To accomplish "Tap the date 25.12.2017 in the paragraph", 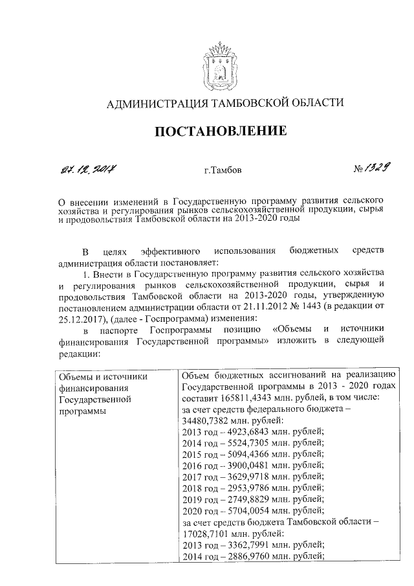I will coord(80,318).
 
